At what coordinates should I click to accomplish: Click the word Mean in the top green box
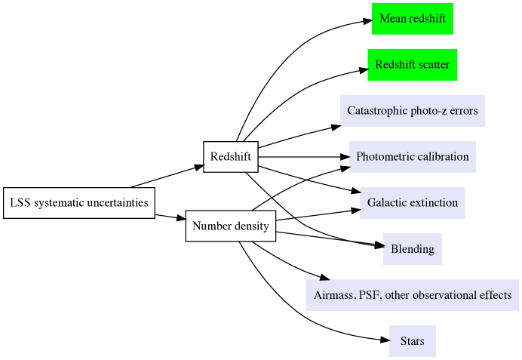pyautogui.click(x=393, y=18)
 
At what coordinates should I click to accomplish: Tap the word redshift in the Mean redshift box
pyautogui.click(x=427, y=18)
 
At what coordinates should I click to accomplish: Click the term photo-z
pyautogui.click(x=429, y=111)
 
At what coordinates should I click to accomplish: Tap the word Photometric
pyautogui.click(x=385, y=157)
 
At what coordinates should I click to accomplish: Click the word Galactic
pyautogui.click(x=386, y=203)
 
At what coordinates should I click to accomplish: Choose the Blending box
pyautogui.click(x=413, y=249)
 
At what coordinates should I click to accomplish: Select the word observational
pyautogui.click(x=445, y=295)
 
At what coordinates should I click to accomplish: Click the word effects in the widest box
pyautogui.click(x=496, y=295)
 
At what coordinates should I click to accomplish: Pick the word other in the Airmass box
pyautogui.click(x=398, y=295)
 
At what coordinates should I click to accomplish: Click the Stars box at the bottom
pyautogui.click(x=413, y=341)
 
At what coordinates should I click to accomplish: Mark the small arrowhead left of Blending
pyautogui.click(x=384, y=246)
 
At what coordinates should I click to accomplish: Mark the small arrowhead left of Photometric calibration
pyautogui.click(x=349, y=156)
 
